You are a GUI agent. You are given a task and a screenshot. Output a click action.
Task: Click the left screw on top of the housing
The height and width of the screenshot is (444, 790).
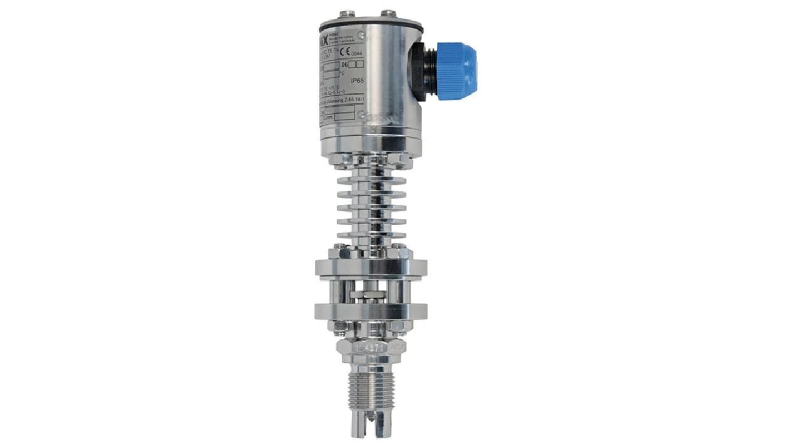(x=348, y=13)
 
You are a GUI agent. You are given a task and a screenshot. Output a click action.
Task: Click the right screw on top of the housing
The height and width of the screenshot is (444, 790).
(x=388, y=13)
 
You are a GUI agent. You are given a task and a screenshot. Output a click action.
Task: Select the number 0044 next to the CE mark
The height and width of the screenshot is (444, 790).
(x=356, y=53)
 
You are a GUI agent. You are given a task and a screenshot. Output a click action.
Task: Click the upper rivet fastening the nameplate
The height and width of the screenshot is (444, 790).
(x=362, y=36)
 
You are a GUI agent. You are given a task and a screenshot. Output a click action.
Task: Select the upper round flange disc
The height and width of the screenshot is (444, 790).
(x=371, y=268)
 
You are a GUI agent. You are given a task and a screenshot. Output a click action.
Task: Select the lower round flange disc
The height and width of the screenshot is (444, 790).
(x=371, y=311)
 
